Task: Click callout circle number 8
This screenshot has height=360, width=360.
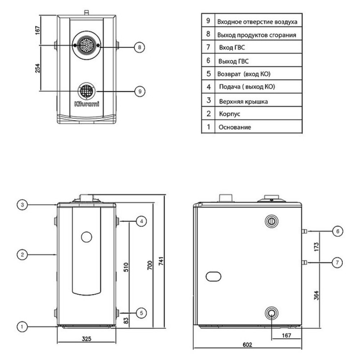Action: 139,47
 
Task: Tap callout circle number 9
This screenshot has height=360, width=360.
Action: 139,91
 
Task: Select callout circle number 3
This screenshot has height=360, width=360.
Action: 22,204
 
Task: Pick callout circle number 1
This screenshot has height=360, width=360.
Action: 22,327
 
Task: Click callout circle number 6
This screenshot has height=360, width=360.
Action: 337,231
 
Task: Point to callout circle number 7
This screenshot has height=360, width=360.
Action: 337,262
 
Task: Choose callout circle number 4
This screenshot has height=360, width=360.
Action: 141,221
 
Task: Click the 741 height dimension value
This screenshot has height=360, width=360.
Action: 161,262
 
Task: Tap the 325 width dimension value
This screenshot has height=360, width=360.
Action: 86,339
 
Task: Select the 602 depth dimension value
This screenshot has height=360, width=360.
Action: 247,345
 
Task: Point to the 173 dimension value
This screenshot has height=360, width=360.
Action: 317,247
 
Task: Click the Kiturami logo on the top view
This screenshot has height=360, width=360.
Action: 86,104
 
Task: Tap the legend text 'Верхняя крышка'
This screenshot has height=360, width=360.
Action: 243,102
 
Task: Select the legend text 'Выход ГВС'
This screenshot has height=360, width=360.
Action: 233,62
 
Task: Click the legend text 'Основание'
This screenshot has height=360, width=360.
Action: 234,127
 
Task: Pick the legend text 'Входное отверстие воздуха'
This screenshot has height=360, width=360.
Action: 257,22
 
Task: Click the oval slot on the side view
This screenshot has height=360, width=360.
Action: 214,276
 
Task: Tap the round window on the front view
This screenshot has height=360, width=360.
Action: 87,237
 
